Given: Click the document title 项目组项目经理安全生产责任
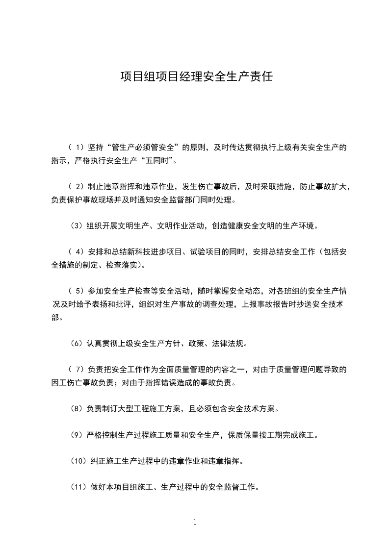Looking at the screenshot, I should pyautogui.click(x=196, y=76).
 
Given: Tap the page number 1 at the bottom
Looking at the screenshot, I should pyautogui.click(x=195, y=522).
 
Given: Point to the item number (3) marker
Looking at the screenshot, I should pyautogui.click(x=76, y=226).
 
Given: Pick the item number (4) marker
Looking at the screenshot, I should pyautogui.click(x=76, y=252).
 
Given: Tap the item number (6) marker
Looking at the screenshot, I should pyautogui.click(x=76, y=343).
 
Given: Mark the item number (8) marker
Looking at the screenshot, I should pyautogui.click(x=76, y=408).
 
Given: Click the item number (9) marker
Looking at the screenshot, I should pyautogui.click(x=76, y=435).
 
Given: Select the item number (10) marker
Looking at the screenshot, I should pyautogui.click(x=78, y=461).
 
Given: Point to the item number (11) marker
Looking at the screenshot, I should pyautogui.click(x=78, y=487).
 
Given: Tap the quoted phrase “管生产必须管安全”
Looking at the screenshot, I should pyautogui.click(x=144, y=147).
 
